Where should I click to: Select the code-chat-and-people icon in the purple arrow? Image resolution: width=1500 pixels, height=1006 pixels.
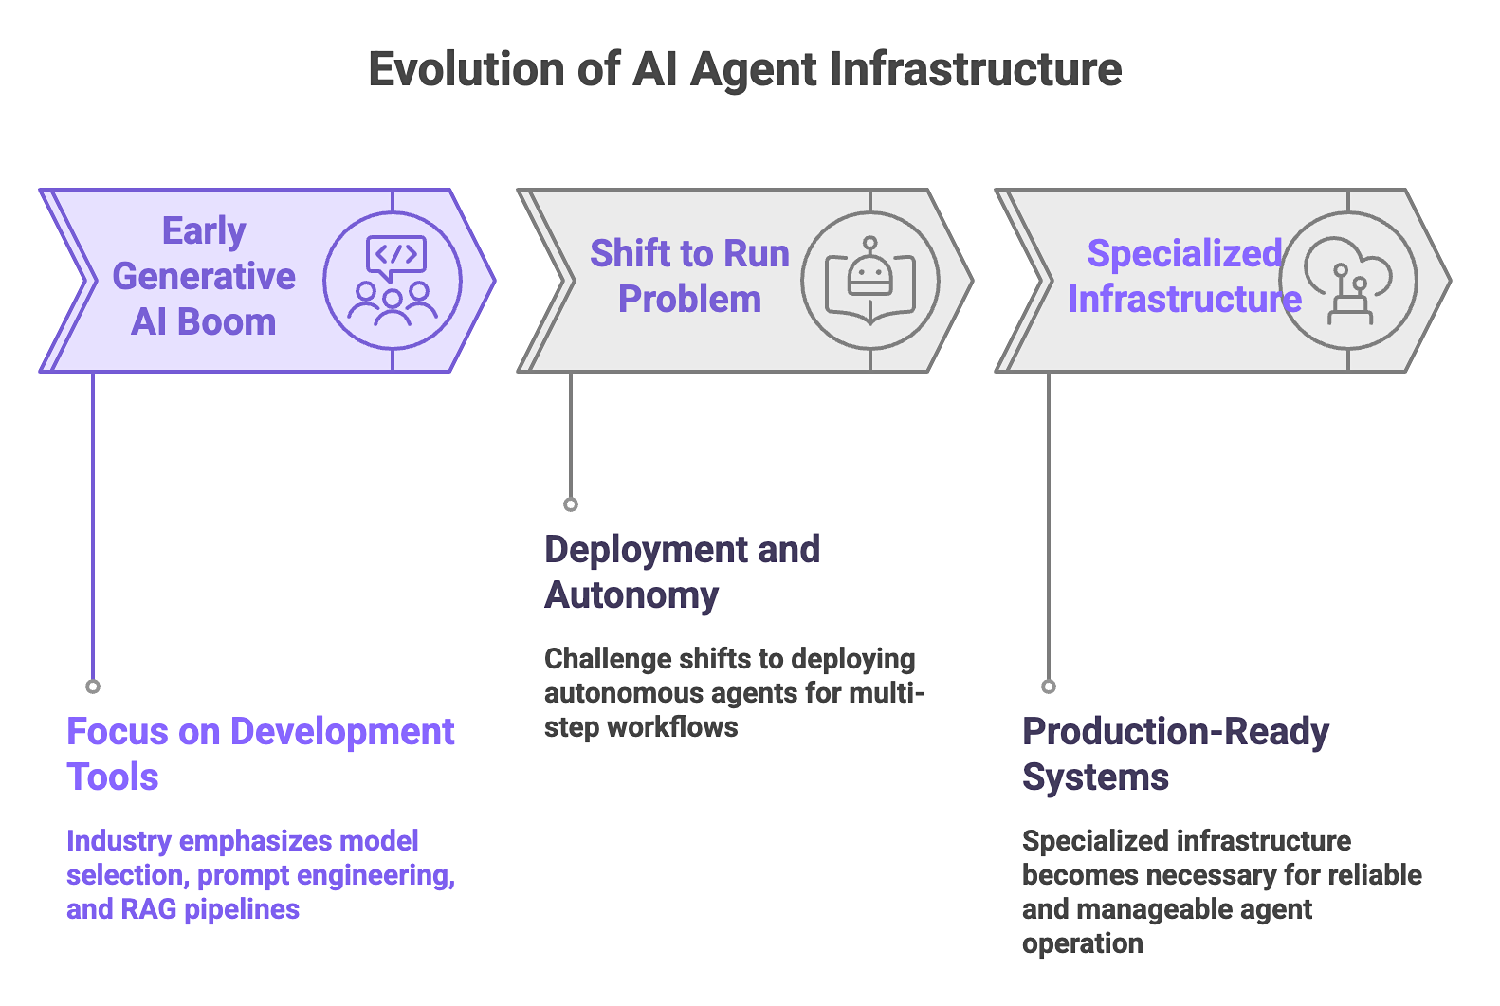click(393, 281)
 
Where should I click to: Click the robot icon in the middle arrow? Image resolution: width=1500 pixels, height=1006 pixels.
click(870, 281)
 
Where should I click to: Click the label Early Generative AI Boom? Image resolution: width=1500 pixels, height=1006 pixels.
click(204, 276)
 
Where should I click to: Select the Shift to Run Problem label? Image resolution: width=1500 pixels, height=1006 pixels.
click(689, 276)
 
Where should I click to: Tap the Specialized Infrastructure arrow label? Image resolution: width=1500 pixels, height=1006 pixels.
click(1184, 276)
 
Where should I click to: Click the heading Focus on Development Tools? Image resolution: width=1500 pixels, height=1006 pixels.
click(260, 754)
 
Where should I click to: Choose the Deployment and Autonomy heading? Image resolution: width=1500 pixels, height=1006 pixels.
click(682, 572)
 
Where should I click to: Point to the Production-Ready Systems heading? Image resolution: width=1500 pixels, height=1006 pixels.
click(1175, 754)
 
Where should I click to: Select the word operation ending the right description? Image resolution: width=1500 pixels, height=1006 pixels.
click(1082, 943)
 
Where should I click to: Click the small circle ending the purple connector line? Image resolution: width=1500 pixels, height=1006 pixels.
click(93, 686)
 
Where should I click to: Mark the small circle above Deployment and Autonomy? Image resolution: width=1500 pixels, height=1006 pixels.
click(571, 504)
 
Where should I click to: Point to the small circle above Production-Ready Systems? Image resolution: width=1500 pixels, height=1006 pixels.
click(1049, 686)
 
